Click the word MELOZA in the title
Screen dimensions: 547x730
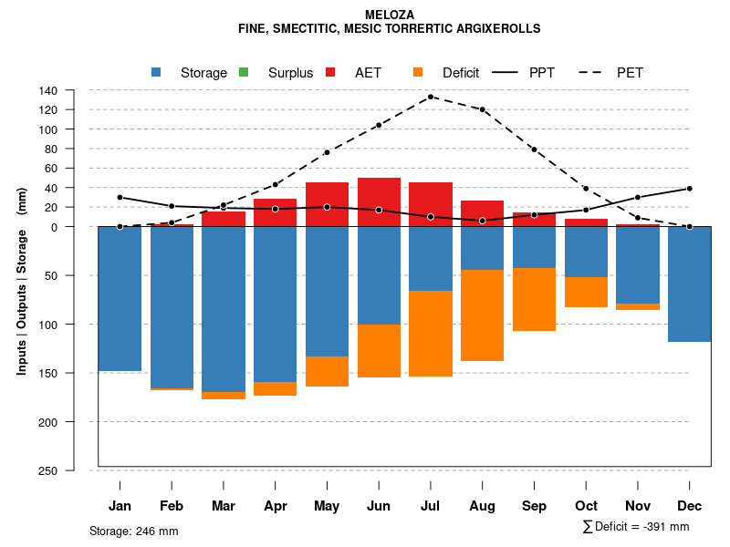pos(390,15)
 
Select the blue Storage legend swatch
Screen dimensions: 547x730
pos(156,72)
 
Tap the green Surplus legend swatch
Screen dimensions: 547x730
pos(243,72)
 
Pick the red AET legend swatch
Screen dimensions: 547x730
pos(330,72)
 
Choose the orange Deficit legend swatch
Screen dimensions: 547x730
pos(418,72)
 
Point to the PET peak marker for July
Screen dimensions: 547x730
pos(431,97)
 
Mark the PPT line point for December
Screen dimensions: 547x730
pos(690,189)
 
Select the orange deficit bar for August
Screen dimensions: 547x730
pos(483,315)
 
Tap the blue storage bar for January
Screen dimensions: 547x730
pos(120,298)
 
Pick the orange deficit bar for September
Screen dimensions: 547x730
pos(535,299)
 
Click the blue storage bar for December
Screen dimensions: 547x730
pos(690,284)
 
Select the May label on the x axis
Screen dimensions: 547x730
pos(327,506)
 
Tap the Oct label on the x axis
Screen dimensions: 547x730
pos(587,506)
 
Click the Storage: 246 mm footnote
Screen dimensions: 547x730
pos(134,531)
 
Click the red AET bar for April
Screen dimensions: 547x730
pos(275,212)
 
